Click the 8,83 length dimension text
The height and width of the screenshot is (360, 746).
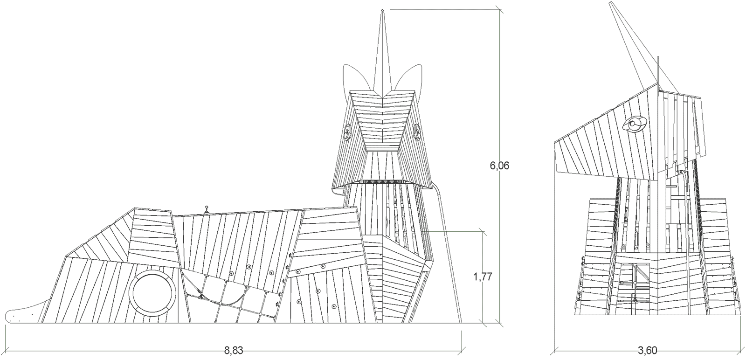click(233, 351)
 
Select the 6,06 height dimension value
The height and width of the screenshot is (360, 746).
click(499, 166)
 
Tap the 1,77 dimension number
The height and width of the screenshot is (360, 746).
click(483, 277)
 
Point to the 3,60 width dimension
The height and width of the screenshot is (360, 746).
click(648, 351)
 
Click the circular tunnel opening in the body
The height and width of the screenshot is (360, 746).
click(153, 292)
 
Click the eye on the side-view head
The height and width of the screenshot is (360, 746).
click(635, 124)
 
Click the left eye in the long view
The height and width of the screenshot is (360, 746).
click(347, 133)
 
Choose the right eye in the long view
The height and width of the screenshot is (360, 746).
click(418, 133)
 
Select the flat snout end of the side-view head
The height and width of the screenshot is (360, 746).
click(558, 156)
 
